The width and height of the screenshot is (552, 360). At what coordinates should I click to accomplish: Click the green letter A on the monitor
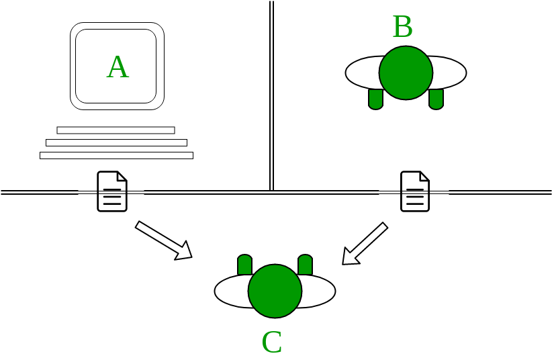(118, 67)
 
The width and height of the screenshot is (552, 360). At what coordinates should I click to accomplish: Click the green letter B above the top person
(402, 28)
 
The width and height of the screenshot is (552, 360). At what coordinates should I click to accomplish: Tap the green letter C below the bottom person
(272, 343)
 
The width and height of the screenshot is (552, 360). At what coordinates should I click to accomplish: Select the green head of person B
(406, 73)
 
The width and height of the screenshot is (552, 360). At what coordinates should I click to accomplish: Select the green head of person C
(275, 291)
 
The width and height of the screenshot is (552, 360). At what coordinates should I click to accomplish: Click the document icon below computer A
(112, 191)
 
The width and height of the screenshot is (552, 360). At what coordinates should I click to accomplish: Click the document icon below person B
(415, 191)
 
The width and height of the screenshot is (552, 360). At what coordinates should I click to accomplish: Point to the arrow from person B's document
(365, 243)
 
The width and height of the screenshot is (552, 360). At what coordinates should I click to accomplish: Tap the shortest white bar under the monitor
(116, 130)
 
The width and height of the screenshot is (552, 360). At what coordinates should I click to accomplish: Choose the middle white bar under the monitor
(116, 142)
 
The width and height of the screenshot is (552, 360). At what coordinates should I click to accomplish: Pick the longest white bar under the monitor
(116, 155)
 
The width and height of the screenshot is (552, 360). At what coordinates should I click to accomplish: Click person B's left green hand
(375, 99)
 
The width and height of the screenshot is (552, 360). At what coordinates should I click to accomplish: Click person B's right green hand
(436, 99)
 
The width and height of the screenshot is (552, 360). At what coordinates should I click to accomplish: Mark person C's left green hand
(244, 265)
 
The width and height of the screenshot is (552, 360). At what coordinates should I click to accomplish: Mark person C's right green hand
(305, 265)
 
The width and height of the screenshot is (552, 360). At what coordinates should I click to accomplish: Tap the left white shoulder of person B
(362, 73)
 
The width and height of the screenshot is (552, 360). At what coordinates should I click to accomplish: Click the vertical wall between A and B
(271, 94)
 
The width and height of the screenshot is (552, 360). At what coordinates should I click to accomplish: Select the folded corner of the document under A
(122, 177)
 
